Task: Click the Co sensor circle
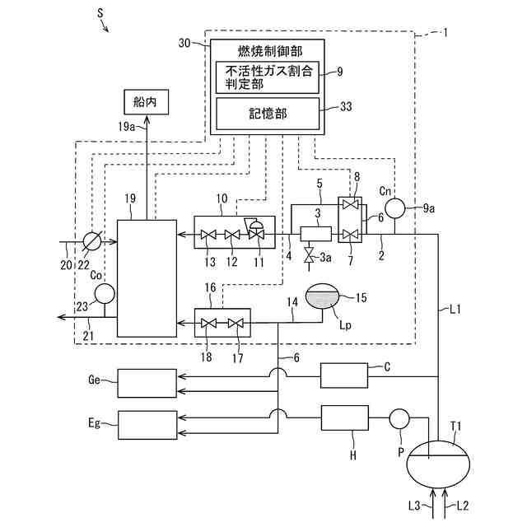[x=105, y=292]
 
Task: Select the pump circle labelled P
[x=399, y=418]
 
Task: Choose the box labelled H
[x=344, y=418]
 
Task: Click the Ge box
[x=147, y=383]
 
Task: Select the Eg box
[x=147, y=424]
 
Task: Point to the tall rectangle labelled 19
[x=147, y=277]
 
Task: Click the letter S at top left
[x=99, y=14]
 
